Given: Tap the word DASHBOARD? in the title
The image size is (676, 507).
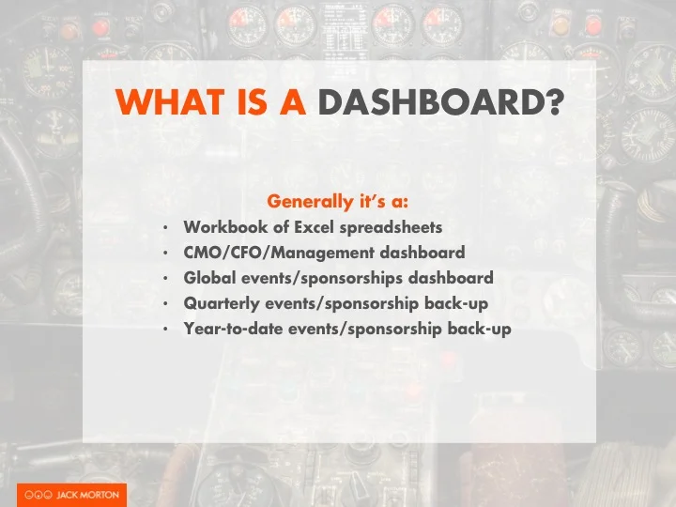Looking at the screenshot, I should coord(440,100).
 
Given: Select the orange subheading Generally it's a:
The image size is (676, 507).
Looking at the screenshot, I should coord(338,201).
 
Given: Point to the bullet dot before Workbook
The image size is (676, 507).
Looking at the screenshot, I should coord(165,228).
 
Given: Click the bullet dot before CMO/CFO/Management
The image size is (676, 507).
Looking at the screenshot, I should coord(165,253).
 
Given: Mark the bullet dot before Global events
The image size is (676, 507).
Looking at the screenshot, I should coord(165,279).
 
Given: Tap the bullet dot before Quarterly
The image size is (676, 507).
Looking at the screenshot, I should coord(165,304).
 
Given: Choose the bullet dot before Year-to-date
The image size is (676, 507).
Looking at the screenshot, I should coord(165,330).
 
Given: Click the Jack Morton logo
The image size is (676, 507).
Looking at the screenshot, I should coord(71,495).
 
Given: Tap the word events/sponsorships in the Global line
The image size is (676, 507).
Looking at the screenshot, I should coord(320,279).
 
